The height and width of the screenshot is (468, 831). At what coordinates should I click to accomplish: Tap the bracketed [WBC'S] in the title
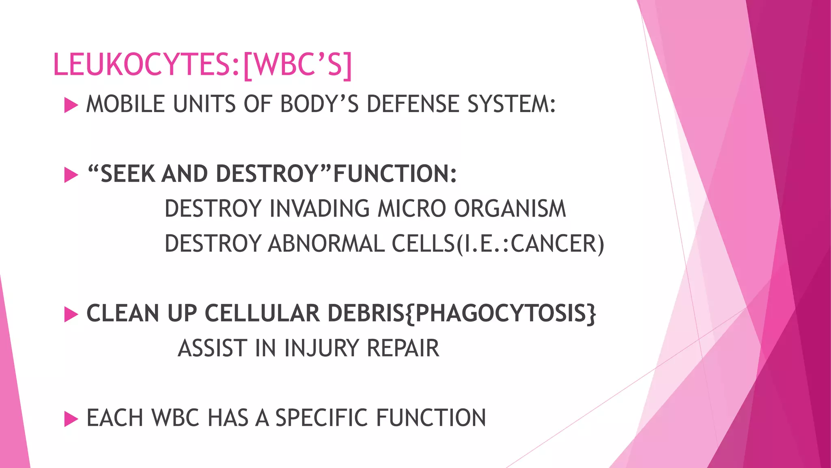[x=297, y=65]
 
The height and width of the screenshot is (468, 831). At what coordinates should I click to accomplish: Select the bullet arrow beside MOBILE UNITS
[x=71, y=106]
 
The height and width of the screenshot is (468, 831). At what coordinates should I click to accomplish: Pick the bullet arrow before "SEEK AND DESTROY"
[x=71, y=175]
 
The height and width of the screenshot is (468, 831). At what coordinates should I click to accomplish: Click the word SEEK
[x=127, y=174]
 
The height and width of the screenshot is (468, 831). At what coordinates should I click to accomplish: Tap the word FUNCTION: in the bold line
[x=395, y=174]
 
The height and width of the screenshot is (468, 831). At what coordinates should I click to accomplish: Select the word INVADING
[x=319, y=209]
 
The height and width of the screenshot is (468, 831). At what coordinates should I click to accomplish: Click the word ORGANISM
[x=510, y=209]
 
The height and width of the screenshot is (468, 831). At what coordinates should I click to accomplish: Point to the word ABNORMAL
[x=326, y=244]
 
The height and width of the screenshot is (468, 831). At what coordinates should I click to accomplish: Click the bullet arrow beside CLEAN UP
[x=71, y=314]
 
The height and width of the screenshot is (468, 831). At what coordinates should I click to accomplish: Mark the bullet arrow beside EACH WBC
[x=71, y=419]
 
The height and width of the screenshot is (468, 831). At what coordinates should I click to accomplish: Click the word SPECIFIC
[x=322, y=418]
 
